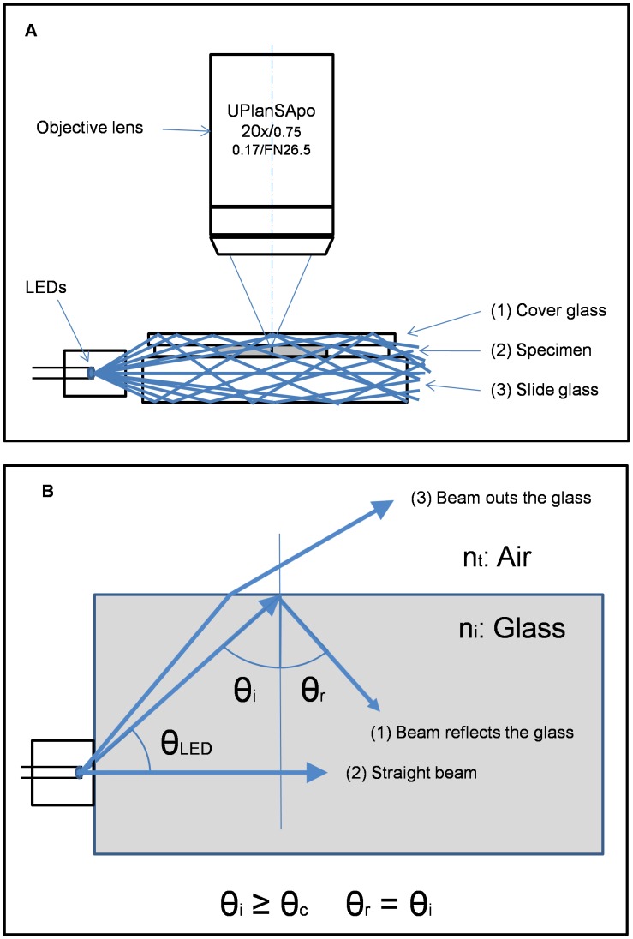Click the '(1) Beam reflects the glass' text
pyautogui.click(x=471, y=733)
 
